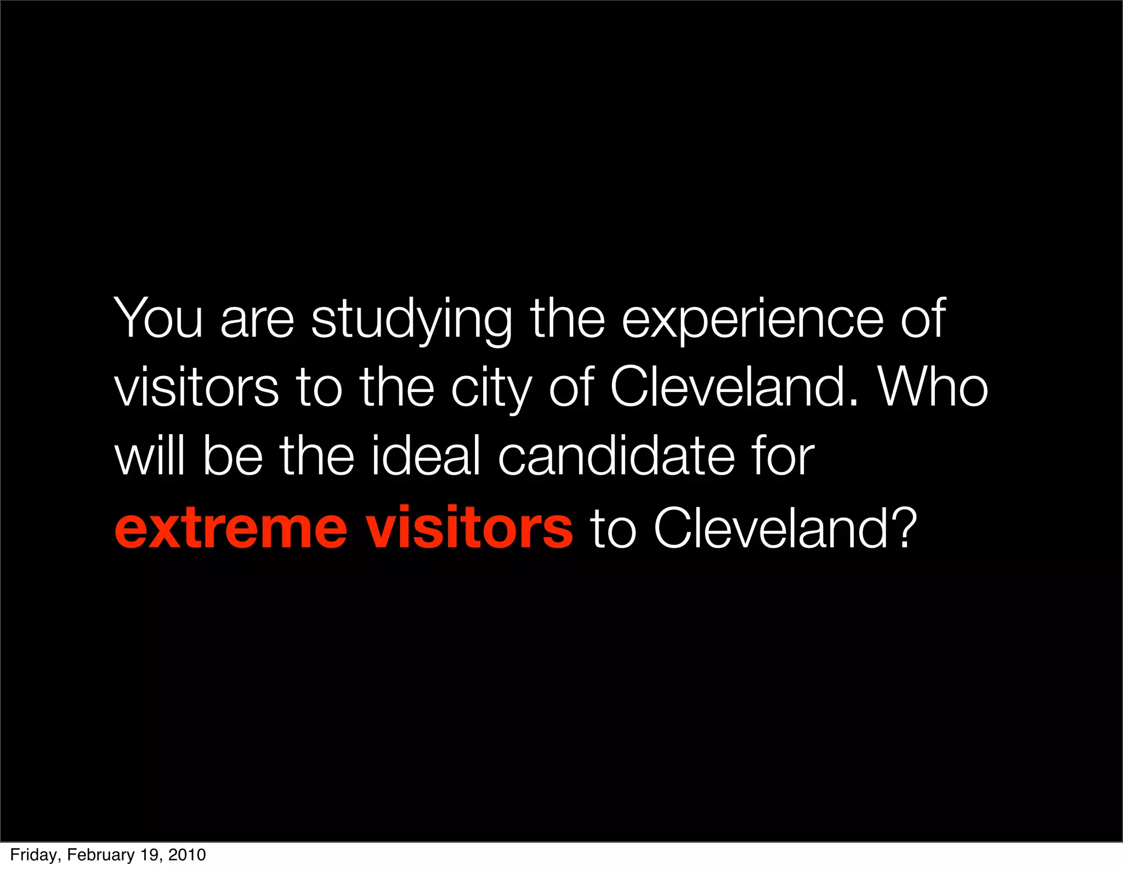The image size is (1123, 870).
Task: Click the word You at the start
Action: click(x=158, y=318)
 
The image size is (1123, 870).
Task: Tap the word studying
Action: click(x=411, y=321)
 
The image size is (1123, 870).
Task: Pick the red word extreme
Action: click(x=231, y=528)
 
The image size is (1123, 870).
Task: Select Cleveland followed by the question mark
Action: click(x=770, y=527)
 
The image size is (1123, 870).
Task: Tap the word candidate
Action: click(x=616, y=456)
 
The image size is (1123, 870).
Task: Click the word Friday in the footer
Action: click(x=33, y=855)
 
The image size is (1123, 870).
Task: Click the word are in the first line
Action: click(x=257, y=321)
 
